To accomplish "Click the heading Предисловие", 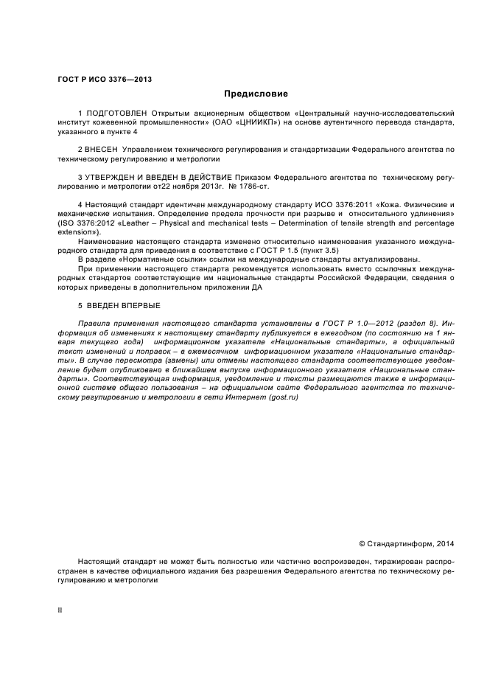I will [256, 94].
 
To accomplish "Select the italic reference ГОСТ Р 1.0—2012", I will [360, 324].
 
